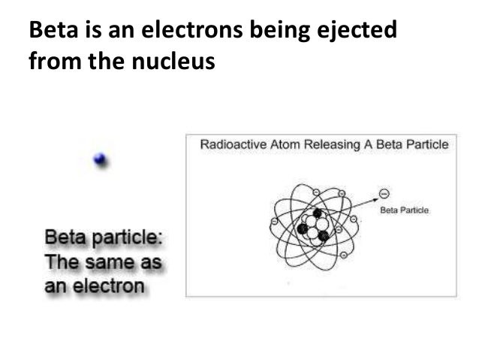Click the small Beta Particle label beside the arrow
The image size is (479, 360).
coord(404,210)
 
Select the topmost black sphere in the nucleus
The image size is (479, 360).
coord(318,213)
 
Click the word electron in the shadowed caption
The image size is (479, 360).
coord(107,286)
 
